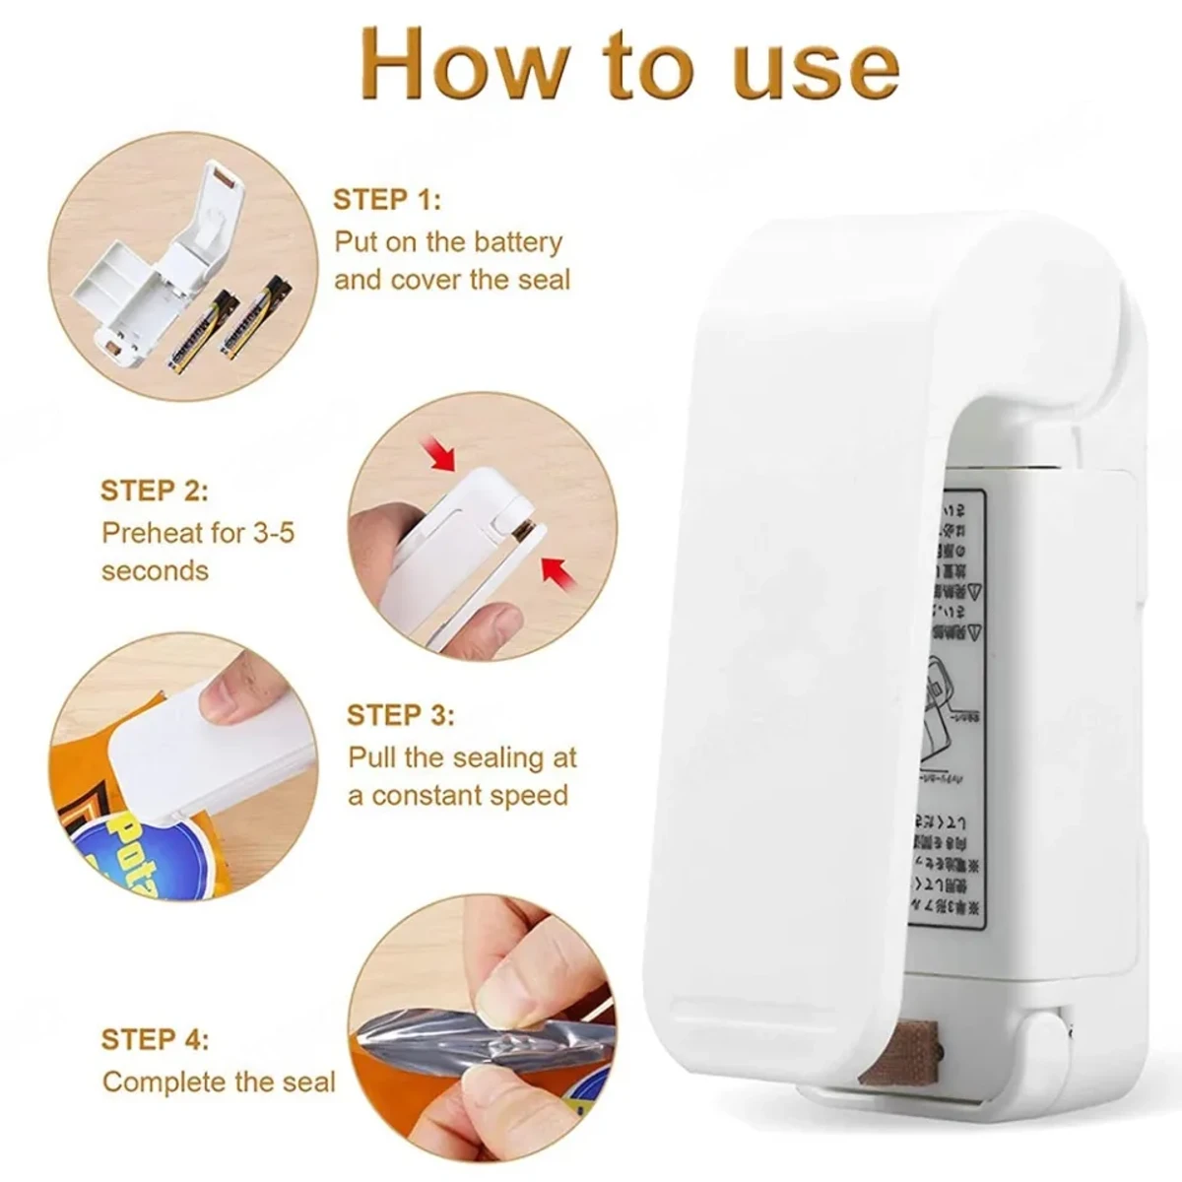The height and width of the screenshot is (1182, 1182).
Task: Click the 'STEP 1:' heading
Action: pyautogui.click(x=386, y=200)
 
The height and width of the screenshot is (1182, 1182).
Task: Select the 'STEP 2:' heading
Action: pyautogui.click(x=154, y=491)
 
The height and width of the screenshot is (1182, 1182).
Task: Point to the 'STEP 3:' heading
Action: pyautogui.click(x=400, y=715)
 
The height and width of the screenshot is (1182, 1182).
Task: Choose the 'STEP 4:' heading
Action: pyautogui.click(x=155, y=1039)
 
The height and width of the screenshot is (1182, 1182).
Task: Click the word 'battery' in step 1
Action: pyautogui.click(x=516, y=242)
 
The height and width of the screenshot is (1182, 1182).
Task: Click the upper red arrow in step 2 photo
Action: pyautogui.click(x=438, y=455)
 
